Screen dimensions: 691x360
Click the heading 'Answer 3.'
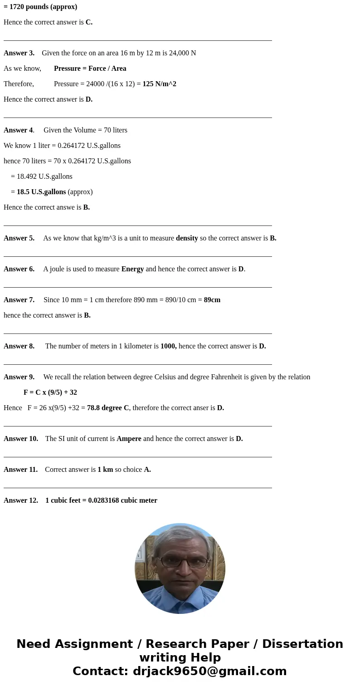19,53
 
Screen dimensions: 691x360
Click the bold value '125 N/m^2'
159,84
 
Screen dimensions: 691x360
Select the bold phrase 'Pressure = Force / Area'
90,69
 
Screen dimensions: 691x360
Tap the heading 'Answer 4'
19,130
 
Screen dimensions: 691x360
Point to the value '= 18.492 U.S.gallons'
42,176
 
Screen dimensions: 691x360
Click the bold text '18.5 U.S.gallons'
41,192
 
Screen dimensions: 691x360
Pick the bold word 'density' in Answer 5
187,238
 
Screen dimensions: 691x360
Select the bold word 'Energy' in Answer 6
132,269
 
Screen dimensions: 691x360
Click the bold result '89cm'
212,300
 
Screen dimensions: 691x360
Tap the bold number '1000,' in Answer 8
168,346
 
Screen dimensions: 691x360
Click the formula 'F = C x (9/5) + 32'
50,392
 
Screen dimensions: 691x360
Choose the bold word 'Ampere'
129,439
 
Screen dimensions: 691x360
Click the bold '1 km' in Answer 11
105,470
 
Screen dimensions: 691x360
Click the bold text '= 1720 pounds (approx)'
40,7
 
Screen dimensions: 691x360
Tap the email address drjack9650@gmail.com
209,671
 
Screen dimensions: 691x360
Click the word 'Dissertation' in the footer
302,644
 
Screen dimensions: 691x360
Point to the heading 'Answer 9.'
19,377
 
